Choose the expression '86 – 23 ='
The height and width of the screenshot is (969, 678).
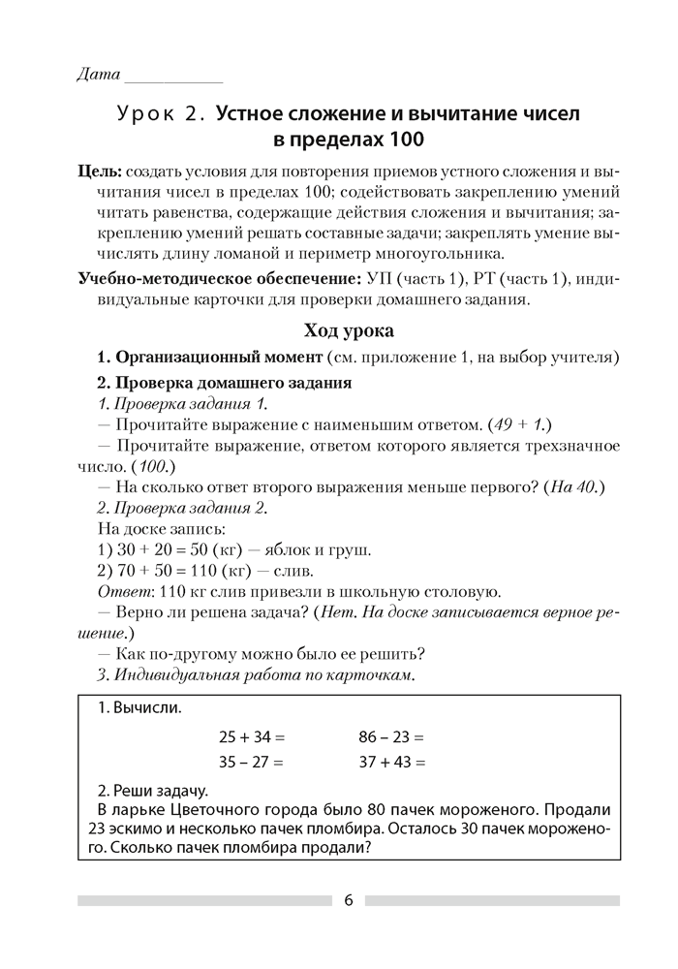point(391,735)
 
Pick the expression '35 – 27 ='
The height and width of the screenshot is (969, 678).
point(251,762)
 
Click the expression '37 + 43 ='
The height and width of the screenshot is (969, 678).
point(391,762)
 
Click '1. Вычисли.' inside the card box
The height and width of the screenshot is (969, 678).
point(139,707)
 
